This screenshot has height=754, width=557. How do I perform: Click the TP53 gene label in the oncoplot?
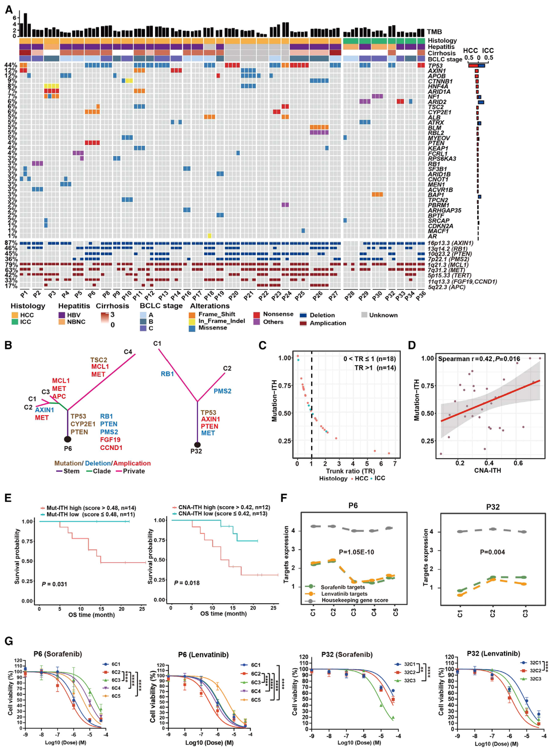click(435, 66)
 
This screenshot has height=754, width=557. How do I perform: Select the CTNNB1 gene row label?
click(440, 81)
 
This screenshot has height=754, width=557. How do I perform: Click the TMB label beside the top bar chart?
click(434, 32)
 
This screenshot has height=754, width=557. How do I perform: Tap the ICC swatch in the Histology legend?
click(15, 322)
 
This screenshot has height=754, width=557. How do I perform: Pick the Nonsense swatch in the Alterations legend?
click(257, 314)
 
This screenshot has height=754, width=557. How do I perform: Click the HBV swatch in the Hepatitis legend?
click(62, 315)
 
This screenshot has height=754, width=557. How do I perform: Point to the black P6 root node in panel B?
click(67, 439)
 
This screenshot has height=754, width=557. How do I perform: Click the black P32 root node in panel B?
click(197, 445)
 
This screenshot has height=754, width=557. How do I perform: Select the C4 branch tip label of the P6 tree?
click(128, 352)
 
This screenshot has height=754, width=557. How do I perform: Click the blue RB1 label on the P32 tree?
click(167, 374)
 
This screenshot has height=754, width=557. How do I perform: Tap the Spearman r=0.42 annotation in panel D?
click(479, 359)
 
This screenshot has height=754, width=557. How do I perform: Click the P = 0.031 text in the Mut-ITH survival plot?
click(54, 584)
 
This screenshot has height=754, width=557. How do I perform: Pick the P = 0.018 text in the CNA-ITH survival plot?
click(187, 583)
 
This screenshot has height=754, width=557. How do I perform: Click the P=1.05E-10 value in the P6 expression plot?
click(352, 552)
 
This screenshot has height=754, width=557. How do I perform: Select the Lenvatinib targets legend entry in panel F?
click(344, 594)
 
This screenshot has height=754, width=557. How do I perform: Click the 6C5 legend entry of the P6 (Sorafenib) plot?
click(116, 696)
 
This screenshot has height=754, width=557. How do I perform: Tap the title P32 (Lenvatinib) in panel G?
click(493, 653)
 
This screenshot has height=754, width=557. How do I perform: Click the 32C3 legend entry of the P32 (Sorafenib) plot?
click(409, 680)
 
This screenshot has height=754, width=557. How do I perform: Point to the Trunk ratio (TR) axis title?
click(350, 471)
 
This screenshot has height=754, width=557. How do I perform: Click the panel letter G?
click(8, 641)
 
